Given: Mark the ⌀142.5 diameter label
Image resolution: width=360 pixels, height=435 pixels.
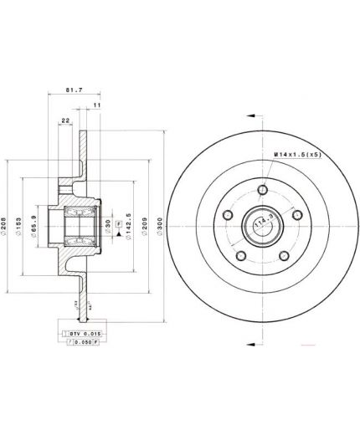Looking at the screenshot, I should click(x=127, y=225).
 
